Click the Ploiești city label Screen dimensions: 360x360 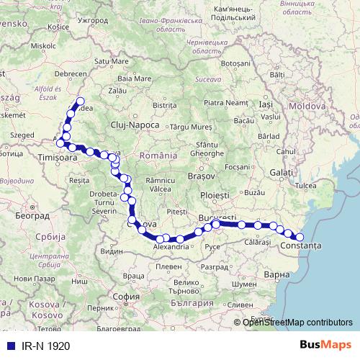[x=215, y=195]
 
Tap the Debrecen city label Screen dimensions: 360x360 [x=71, y=73]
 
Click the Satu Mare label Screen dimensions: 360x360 [x=110, y=62]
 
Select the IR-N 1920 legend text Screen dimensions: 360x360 [x=46, y=346]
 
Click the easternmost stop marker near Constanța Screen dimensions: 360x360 [x=300, y=237]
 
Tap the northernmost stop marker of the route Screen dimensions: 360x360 [x=80, y=102]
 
